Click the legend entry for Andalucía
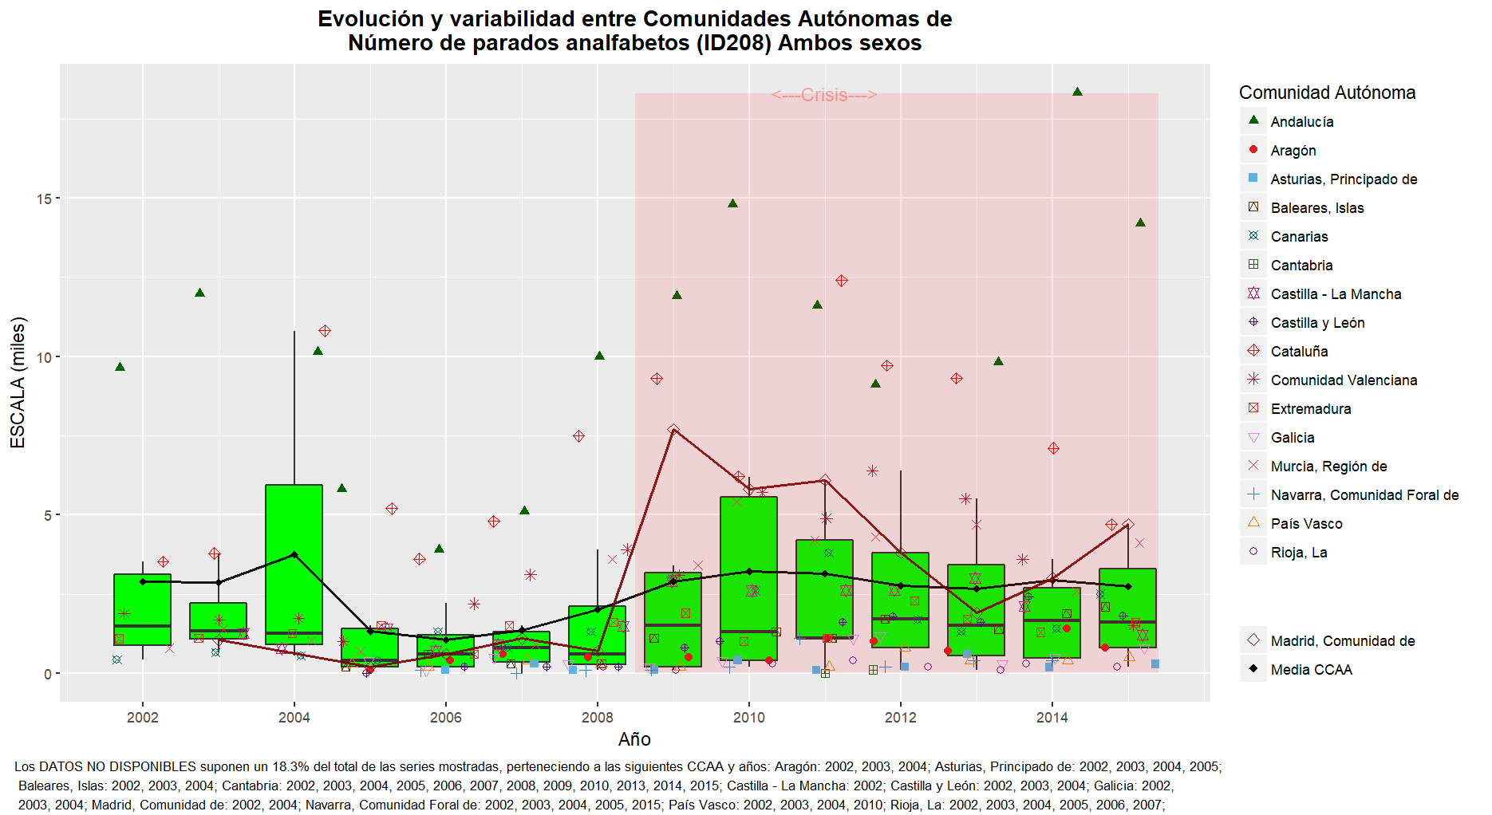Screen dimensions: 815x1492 point(1301,122)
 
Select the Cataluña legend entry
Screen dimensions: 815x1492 point(1299,352)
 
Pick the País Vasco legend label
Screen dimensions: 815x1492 point(1306,524)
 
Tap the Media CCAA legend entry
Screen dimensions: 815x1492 point(1311,670)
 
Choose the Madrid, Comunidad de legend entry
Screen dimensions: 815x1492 point(1342,641)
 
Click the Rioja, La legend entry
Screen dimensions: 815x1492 point(1298,553)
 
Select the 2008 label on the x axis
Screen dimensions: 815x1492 point(597,718)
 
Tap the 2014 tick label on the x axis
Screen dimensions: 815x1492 point(1052,718)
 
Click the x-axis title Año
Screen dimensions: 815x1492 point(634,739)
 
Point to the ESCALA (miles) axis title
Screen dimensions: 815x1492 point(18,383)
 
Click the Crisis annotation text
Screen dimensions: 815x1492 point(824,96)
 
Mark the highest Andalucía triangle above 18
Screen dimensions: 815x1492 point(1077,93)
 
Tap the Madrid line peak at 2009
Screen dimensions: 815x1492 point(673,430)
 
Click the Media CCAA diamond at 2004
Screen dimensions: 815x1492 point(294,555)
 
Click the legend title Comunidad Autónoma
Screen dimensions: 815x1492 point(1327,93)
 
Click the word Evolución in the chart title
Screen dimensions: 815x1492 point(371,19)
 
